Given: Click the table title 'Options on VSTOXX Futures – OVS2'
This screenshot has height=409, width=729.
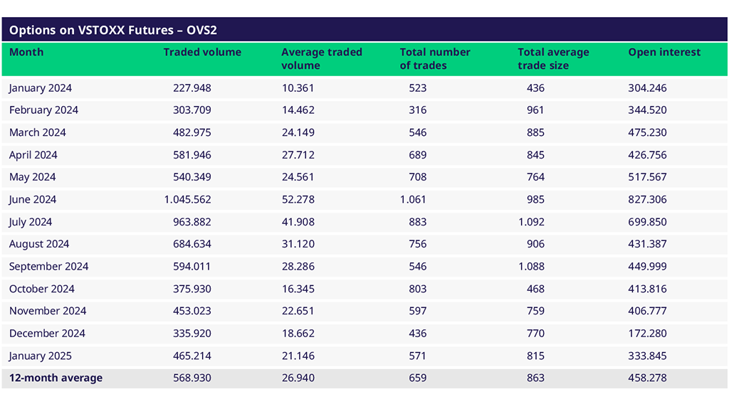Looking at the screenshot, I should pyautogui.click(x=113, y=31).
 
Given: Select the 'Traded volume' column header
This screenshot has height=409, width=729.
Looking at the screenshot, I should pyautogui.click(x=202, y=53).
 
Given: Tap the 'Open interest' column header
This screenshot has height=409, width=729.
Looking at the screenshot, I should pyautogui.click(x=664, y=53).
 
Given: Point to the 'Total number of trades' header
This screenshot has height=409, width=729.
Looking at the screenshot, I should pyautogui.click(x=435, y=59).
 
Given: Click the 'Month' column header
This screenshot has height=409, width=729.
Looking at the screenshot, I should pyautogui.click(x=26, y=53).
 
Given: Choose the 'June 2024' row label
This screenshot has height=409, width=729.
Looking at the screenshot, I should pyautogui.click(x=33, y=200).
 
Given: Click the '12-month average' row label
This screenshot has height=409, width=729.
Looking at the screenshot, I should pyautogui.click(x=56, y=378).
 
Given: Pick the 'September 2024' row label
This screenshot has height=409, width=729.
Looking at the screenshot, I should pyautogui.click(x=49, y=267).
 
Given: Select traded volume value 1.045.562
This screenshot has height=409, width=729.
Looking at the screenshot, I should pyautogui.click(x=188, y=200).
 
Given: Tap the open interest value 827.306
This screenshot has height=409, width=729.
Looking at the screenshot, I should pyautogui.click(x=648, y=200).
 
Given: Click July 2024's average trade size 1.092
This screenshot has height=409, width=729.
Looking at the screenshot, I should pyautogui.click(x=531, y=222).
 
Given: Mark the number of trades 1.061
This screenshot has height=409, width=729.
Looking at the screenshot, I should pyautogui.click(x=414, y=200).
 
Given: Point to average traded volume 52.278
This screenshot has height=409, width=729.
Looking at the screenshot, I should pyautogui.click(x=298, y=200).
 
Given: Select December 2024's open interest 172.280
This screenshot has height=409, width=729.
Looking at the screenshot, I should pyautogui.click(x=648, y=334).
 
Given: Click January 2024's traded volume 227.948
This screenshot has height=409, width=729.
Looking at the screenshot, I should pyautogui.click(x=192, y=88).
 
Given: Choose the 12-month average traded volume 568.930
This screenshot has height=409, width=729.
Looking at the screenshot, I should pyautogui.click(x=192, y=378).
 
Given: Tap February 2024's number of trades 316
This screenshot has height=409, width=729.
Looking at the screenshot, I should pyautogui.click(x=418, y=110).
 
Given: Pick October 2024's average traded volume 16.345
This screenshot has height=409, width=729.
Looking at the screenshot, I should pyautogui.click(x=298, y=289).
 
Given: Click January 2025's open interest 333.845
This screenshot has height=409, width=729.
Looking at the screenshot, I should pyautogui.click(x=648, y=356).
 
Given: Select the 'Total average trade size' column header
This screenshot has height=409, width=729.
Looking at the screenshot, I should pyautogui.click(x=553, y=59).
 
